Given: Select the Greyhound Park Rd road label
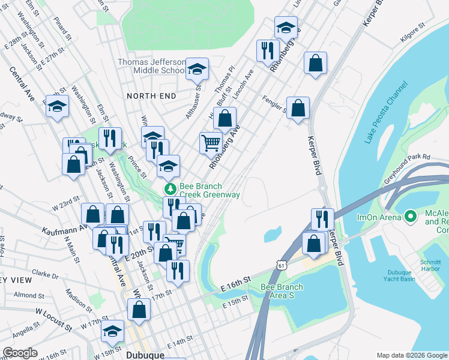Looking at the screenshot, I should pos(409,158).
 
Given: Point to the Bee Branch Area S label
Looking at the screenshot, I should pos(282,291).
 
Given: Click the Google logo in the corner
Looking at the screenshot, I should pos(20,353).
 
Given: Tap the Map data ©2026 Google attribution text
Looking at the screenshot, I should pos(411,355).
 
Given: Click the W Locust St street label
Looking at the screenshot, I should pos(53,319).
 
